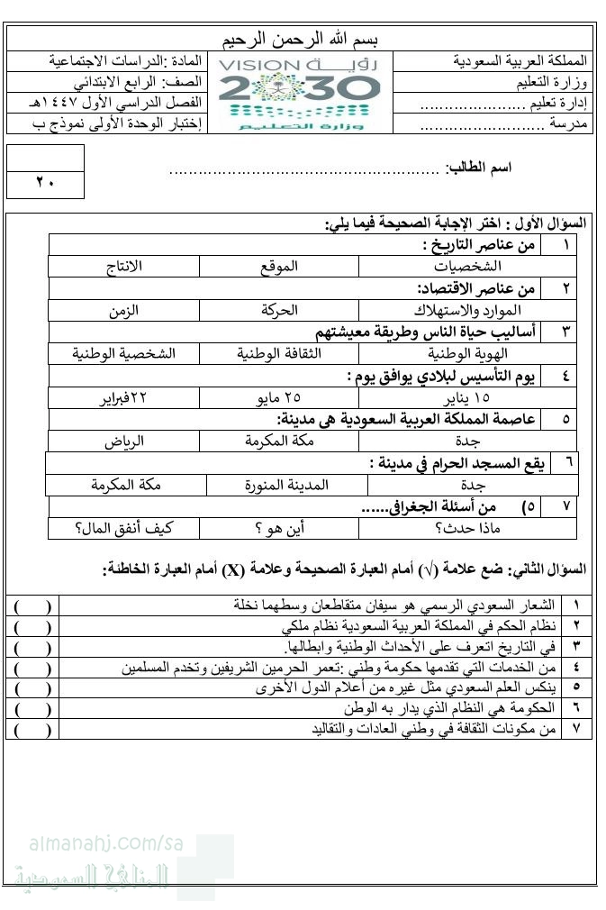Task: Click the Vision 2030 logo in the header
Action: [x=300, y=93]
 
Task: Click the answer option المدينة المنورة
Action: [x=287, y=485]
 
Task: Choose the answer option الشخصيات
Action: [x=468, y=268]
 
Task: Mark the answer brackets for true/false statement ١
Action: [x=32, y=605]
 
